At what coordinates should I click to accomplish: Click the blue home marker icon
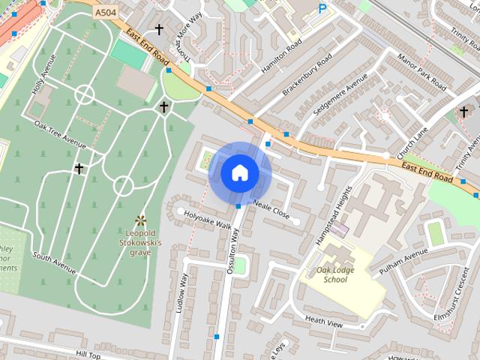point(239,172)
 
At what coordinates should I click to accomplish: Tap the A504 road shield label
point(106,13)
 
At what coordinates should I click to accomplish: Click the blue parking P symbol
point(322,9)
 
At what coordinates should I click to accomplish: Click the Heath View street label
point(323,323)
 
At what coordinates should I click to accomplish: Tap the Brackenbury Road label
point(307,77)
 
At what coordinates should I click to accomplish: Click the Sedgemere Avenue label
point(341,94)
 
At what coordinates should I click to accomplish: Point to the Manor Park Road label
point(421,72)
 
